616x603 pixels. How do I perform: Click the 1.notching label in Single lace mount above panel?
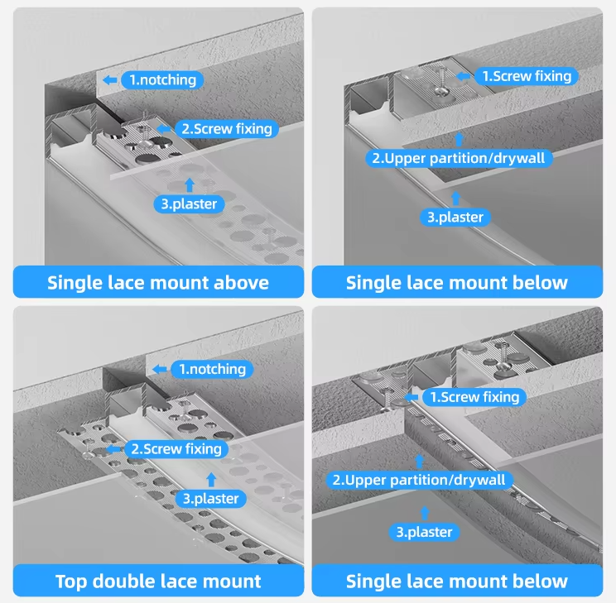pos(162,79)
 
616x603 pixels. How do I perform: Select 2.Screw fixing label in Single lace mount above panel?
pos(226,129)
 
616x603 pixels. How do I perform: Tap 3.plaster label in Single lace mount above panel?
pos(189,204)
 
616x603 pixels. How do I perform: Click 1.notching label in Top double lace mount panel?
pos(212,369)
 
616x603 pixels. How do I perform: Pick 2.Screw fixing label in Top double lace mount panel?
pos(176,448)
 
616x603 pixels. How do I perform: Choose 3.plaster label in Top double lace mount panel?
pos(211,499)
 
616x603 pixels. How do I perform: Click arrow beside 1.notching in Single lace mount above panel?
pos(110,80)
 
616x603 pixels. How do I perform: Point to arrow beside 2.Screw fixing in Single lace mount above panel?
pos(163,129)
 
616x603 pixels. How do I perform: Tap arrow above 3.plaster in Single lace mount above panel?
pos(190,185)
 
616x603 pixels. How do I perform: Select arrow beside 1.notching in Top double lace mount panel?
pos(160,369)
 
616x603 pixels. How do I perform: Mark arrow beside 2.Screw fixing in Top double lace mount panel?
pos(114,448)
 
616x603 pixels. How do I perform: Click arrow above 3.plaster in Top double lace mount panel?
pos(211,480)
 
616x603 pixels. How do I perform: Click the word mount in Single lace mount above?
pos(179,284)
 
